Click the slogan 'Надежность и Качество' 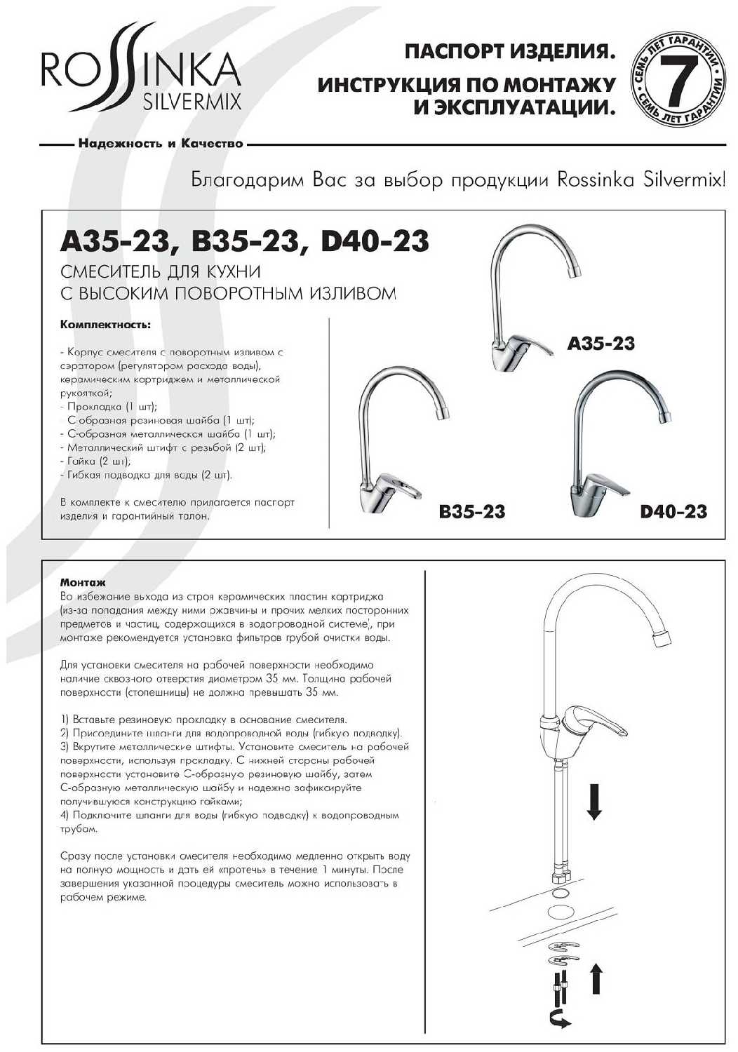tap(161, 144)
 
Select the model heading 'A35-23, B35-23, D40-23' tap(244, 241)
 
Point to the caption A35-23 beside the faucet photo tap(601, 344)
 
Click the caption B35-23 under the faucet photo tap(471, 512)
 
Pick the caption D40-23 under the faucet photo tap(673, 512)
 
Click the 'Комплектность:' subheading tap(105, 325)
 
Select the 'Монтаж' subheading tap(83, 583)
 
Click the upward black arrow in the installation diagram tap(596, 978)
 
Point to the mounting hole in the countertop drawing tap(559, 912)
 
